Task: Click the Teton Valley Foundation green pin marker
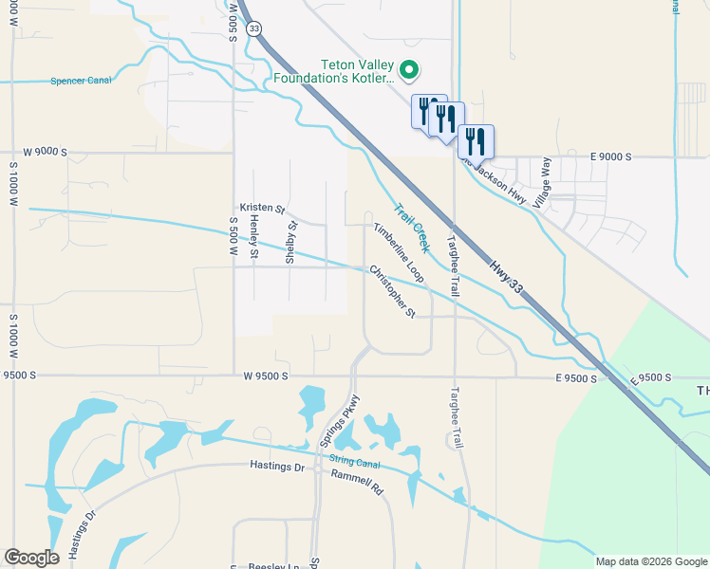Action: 410,69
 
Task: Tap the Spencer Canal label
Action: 81,81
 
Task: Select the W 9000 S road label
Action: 46,152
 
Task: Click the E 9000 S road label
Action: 610,156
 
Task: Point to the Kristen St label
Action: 262,208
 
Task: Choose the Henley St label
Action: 253,236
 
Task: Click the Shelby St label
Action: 291,241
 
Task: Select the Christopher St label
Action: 392,291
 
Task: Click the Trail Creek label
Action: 412,229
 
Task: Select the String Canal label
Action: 353,461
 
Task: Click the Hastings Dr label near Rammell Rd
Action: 277,466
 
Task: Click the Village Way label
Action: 541,183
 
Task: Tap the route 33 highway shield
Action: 252,29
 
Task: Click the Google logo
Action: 31,558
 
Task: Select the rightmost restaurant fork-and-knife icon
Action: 476,140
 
